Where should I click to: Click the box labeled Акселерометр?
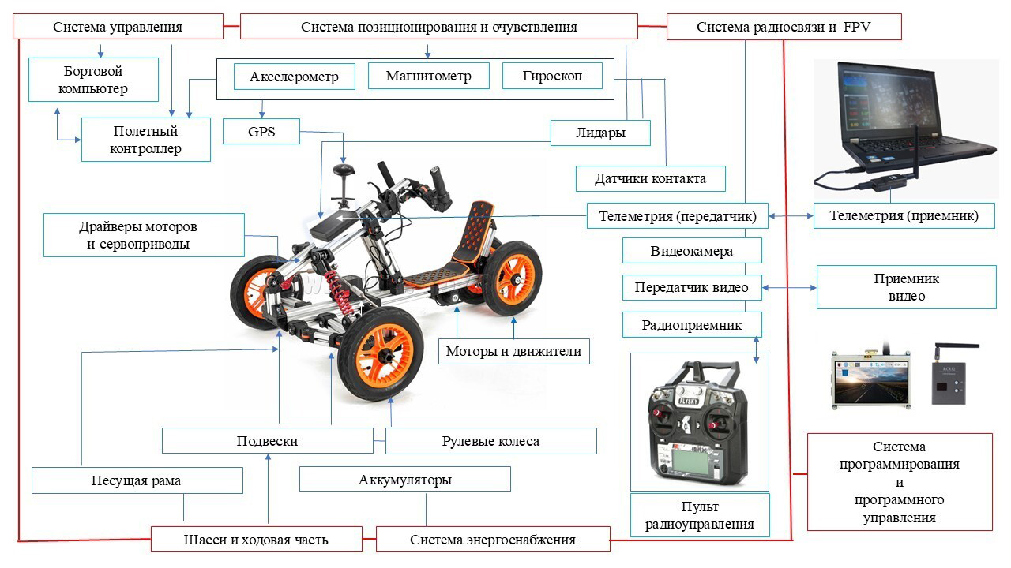tap(295, 77)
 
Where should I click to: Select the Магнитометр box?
tap(428, 77)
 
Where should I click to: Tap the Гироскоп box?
tap(552, 77)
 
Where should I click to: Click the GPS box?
tap(261, 132)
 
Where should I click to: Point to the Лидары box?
tap(600, 133)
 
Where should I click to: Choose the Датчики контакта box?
tap(651, 178)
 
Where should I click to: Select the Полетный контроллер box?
tap(146, 140)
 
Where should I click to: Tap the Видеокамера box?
tap(692, 252)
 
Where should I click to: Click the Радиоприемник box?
tap(692, 324)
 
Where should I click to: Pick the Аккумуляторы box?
tap(405, 480)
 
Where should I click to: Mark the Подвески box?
tap(267, 441)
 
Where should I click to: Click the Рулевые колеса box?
tap(490, 441)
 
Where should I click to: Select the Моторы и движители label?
tap(514, 352)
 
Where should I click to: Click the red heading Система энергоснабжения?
tap(493, 540)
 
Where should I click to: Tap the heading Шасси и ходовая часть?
tap(256, 540)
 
